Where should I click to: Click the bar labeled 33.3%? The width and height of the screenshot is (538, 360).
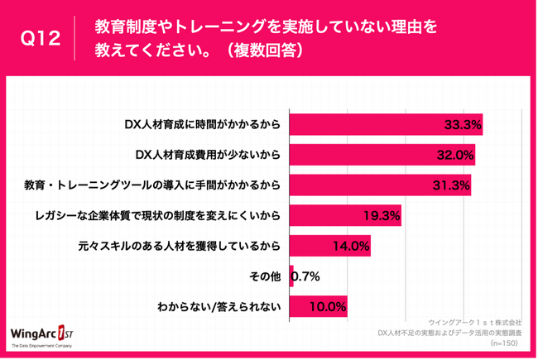click(386, 124)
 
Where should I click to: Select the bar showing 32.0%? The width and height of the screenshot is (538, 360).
click(382, 155)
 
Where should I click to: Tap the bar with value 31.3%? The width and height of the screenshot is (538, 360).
click(380, 185)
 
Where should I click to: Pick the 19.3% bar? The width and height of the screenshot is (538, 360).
click(346, 215)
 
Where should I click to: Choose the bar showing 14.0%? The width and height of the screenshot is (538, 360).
click(330, 246)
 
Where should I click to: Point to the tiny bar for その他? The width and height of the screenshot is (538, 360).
click(292, 276)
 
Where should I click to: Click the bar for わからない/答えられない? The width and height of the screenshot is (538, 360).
click(319, 306)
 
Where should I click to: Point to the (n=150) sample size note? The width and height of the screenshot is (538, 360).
click(506, 342)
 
